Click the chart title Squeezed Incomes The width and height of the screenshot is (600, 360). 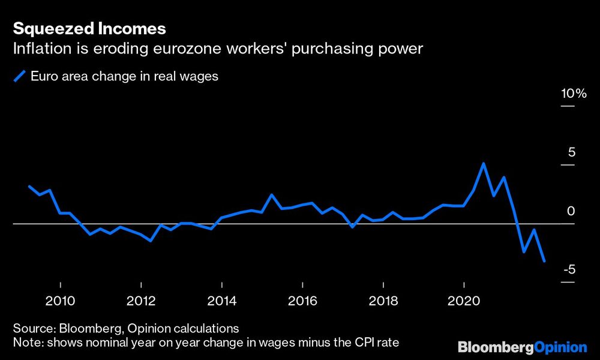click(89, 28)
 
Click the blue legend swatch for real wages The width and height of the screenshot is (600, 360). click(19, 76)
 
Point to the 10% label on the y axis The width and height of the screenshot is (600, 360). click(573, 94)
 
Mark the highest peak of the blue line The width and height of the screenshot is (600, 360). click(484, 164)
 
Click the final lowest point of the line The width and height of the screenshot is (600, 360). click(544, 261)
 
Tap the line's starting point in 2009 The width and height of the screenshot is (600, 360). click(29, 186)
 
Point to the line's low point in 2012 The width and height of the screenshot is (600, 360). click(150, 241)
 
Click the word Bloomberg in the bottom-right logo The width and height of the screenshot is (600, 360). click(492, 347)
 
